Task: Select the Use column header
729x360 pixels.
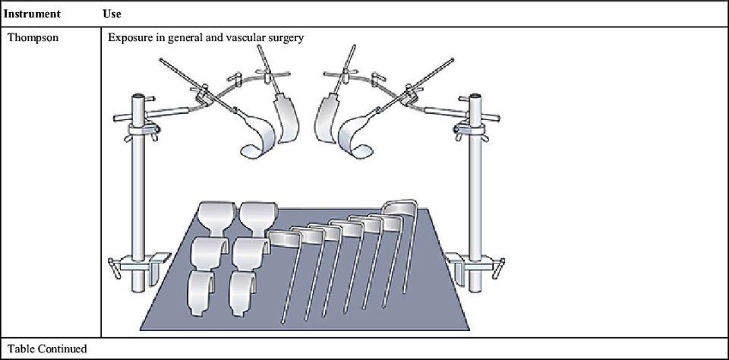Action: tap(112, 14)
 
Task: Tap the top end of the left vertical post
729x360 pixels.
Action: tap(139, 96)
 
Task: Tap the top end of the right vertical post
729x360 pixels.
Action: tap(477, 96)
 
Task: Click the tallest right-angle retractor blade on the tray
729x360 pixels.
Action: tap(401, 209)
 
